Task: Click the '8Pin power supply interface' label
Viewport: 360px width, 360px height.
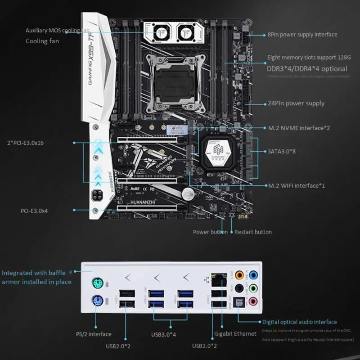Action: click(302, 34)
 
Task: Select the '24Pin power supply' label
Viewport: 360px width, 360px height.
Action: click(296, 103)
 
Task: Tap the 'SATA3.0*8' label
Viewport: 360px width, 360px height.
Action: click(282, 151)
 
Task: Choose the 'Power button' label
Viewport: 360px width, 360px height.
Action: click(210, 232)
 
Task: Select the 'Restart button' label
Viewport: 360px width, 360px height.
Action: click(253, 232)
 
